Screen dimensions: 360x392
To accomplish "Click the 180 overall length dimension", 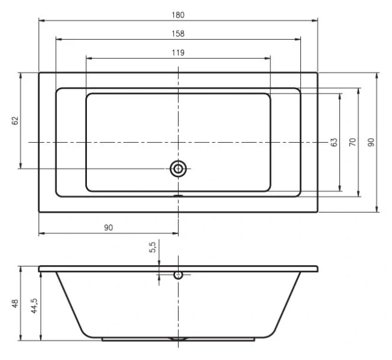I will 178,13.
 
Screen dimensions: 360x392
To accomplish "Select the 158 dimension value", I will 178,33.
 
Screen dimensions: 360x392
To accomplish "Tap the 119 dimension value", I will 178,52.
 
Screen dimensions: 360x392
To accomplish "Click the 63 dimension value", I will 334,142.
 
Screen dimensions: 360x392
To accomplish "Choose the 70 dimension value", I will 353,142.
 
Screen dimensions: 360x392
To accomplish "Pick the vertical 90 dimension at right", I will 372,142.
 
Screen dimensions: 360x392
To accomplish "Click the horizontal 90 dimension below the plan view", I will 108,227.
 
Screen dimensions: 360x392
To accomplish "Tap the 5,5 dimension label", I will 152,247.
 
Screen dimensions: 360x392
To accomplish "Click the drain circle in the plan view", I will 178,169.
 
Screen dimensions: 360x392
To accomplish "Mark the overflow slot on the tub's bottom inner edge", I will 178,196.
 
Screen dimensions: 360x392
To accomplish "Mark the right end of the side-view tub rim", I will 316,269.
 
